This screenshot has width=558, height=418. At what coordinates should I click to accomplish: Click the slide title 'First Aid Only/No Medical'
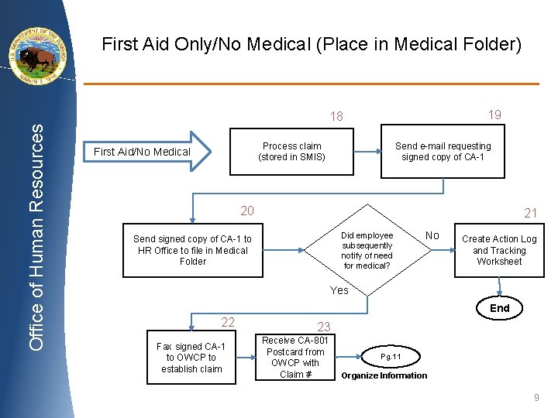312,45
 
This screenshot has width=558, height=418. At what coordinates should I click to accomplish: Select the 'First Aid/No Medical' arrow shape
147,151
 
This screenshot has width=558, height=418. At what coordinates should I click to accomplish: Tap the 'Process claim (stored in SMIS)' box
291,152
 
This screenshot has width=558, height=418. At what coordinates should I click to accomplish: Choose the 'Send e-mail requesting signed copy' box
443,152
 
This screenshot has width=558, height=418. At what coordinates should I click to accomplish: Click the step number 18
336,117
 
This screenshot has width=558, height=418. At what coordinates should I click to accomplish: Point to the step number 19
494,115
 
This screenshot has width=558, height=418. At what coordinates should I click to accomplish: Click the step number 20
246,211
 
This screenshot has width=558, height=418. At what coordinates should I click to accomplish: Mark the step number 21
531,213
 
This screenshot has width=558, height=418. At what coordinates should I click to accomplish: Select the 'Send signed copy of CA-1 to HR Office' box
192,251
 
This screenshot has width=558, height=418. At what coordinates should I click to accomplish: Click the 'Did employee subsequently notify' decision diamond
367,250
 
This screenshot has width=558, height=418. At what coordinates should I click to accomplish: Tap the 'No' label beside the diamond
432,235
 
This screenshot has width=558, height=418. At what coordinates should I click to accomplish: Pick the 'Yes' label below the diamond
339,290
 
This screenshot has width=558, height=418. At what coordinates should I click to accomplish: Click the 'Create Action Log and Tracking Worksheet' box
499,250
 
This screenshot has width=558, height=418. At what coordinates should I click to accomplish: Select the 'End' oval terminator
500,308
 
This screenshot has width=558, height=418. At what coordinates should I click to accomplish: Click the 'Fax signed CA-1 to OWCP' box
191,358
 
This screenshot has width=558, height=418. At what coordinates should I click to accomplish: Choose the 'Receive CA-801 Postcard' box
294,358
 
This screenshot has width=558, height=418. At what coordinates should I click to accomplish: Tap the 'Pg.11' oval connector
390,357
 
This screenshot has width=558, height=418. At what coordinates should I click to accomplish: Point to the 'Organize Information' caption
384,376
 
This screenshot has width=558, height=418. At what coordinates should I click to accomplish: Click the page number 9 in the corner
536,398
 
